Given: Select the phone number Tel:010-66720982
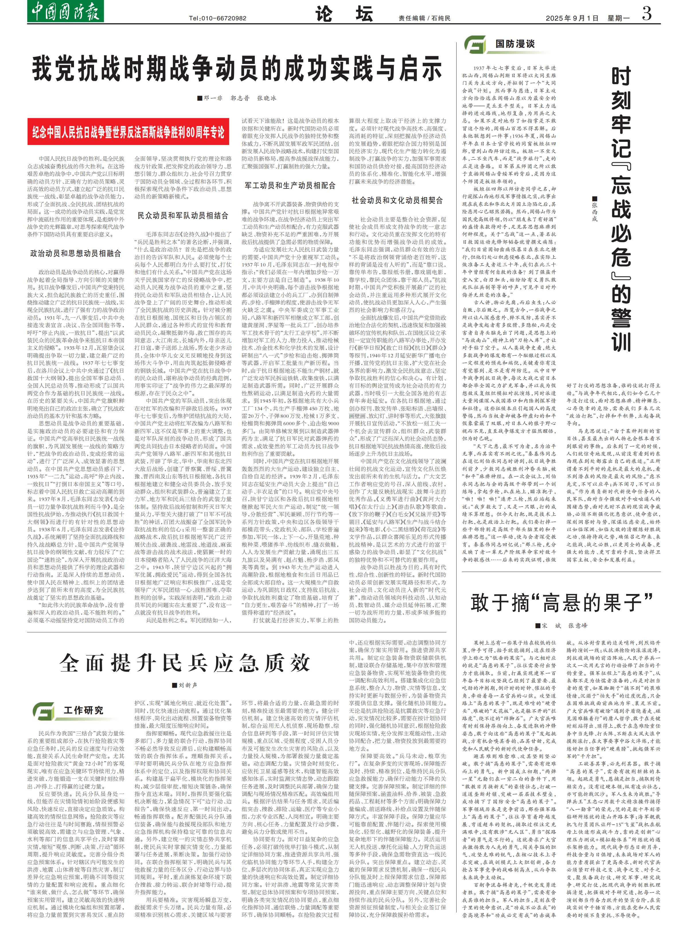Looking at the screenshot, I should tap(217, 18).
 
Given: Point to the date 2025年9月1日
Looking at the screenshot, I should tap(572, 18).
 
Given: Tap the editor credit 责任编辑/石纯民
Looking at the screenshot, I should tap(424, 18).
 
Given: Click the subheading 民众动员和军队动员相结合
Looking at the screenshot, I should tap(183, 215).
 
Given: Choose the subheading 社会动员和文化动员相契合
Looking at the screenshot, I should tap(397, 200).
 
